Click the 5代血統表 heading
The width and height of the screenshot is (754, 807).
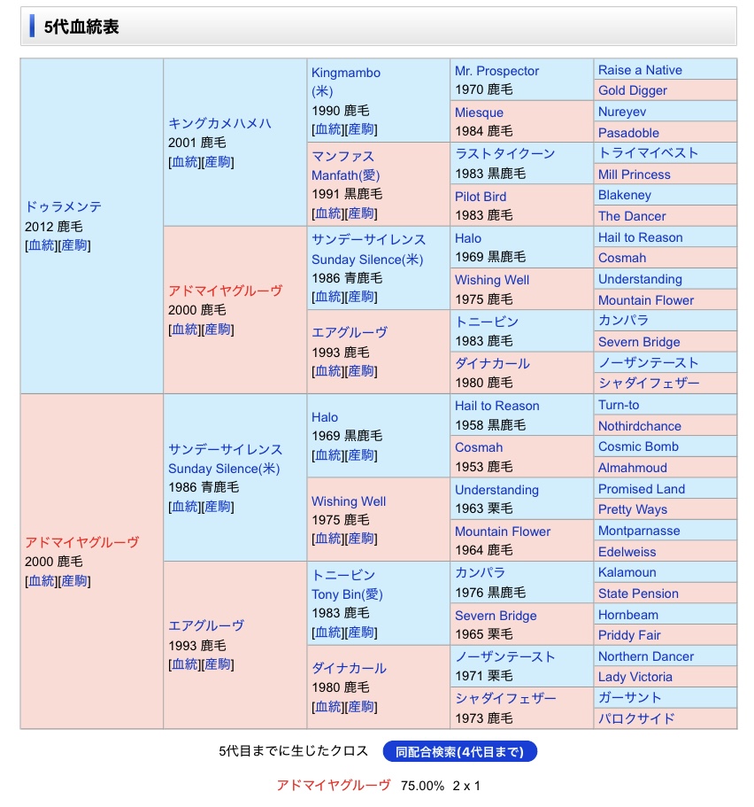pyautogui.click(x=81, y=27)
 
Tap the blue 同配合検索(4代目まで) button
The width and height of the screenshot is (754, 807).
pyautogui.click(x=459, y=752)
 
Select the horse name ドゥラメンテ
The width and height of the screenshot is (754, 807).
pyautogui.click(x=64, y=206)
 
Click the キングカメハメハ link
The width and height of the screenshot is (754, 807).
pyautogui.click(x=219, y=123)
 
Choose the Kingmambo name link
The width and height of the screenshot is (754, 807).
pyautogui.click(x=346, y=73)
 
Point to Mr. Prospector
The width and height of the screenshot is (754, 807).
pyautogui.click(x=496, y=71)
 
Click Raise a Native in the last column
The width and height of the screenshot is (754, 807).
pyautogui.click(x=640, y=70)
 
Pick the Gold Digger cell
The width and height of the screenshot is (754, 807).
pyautogui.click(x=633, y=90)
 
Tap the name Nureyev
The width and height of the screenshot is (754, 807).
pyautogui.click(x=622, y=113)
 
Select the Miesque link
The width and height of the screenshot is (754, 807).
pyautogui.click(x=479, y=113)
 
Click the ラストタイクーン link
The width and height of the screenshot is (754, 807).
pyautogui.click(x=504, y=153)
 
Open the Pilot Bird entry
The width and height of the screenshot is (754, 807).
pyautogui.click(x=481, y=196)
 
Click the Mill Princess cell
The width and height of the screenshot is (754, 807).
pyautogui.click(x=635, y=175)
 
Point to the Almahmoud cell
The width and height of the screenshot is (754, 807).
pyautogui.click(x=633, y=468)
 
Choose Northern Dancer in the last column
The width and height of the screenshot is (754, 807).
pyautogui.click(x=646, y=656)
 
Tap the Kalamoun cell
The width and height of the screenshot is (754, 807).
pyautogui.click(x=627, y=573)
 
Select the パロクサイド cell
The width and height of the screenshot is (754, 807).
pyautogui.click(x=636, y=718)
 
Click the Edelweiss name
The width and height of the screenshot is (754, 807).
pyautogui.click(x=627, y=551)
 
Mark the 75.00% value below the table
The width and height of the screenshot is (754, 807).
pyautogui.click(x=422, y=785)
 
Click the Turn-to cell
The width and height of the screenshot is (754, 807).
pyautogui.click(x=619, y=405)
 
